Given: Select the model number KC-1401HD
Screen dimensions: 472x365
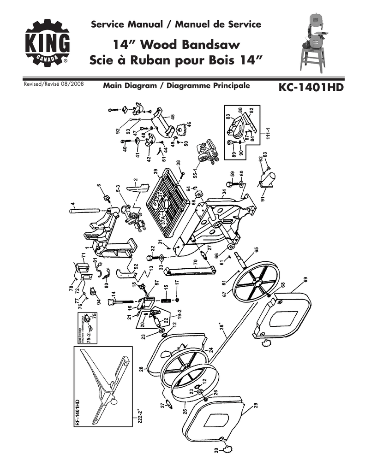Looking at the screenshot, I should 311,87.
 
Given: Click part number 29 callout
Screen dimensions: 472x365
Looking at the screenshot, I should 255,405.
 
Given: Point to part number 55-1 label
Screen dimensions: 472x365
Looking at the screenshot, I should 196,172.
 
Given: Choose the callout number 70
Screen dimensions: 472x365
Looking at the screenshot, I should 196,263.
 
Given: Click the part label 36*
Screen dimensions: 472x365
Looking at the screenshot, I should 222,328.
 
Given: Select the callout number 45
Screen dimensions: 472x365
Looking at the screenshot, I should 172,117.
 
